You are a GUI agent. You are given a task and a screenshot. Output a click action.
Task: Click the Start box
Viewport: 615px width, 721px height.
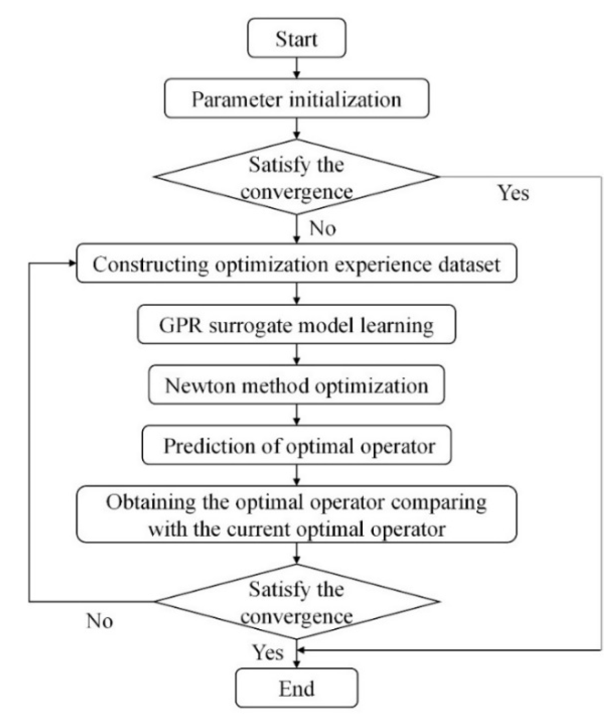click(x=296, y=38)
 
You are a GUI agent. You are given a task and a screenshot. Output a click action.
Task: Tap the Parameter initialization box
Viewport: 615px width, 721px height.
click(x=296, y=99)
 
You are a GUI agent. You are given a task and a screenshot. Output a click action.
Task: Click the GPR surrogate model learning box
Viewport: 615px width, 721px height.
click(x=296, y=324)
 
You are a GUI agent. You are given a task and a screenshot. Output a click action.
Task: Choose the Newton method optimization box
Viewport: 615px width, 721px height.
click(x=296, y=385)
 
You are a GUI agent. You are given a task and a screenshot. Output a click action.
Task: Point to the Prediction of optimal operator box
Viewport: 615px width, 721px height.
click(x=296, y=445)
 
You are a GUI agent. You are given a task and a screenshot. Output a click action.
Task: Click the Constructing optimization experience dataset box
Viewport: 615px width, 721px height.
click(x=296, y=263)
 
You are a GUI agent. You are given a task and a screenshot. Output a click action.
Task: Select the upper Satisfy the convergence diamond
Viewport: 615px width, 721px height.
click(x=296, y=177)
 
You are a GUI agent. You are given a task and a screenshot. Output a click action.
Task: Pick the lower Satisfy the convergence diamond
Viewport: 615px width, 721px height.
click(x=296, y=601)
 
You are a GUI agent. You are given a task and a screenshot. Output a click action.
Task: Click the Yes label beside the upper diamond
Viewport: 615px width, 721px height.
click(x=513, y=193)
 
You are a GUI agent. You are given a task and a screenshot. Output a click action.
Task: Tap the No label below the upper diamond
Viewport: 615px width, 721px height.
click(x=322, y=228)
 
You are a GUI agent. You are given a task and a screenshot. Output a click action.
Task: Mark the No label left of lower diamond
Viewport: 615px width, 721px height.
click(x=100, y=621)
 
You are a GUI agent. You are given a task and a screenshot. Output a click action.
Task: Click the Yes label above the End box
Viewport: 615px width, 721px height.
click(x=268, y=652)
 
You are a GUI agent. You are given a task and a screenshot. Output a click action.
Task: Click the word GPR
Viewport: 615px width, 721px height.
click(x=180, y=325)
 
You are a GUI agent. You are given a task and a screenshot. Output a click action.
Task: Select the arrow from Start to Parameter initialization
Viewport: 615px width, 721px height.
click(x=297, y=68)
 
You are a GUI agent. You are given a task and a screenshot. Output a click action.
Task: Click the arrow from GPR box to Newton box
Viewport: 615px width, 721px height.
click(x=297, y=354)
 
